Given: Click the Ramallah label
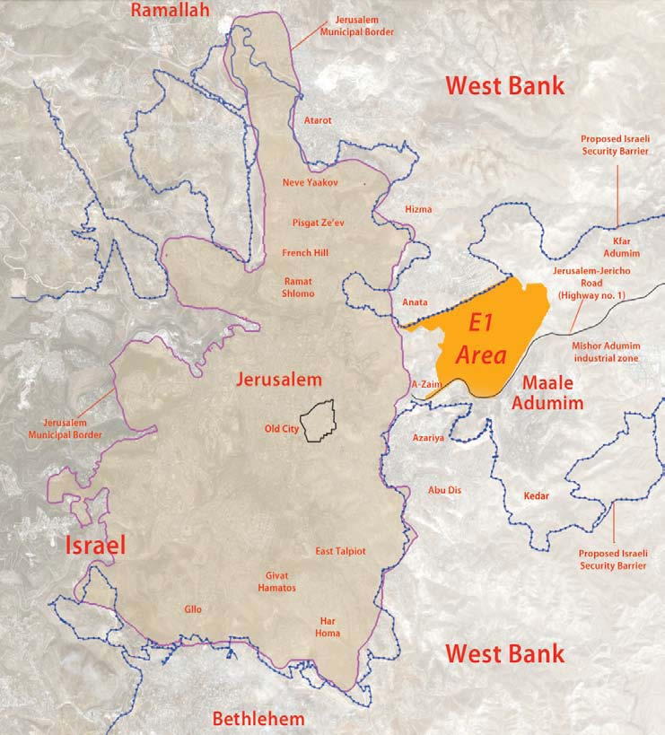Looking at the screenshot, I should point(170,11).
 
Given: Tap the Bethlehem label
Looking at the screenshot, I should point(258,718).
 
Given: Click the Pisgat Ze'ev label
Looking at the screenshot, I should point(316,221).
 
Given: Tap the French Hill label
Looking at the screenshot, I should point(305,253).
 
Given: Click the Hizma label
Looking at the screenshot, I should point(418,209).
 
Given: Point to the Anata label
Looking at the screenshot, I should point(415,302).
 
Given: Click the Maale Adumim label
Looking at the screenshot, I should point(547,392).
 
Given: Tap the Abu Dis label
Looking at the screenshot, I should point(444,490).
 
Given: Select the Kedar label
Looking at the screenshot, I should point(535,495).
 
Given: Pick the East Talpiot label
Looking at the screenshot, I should point(340,551).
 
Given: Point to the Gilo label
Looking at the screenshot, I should point(193,608).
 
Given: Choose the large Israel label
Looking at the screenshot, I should point(94,545).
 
